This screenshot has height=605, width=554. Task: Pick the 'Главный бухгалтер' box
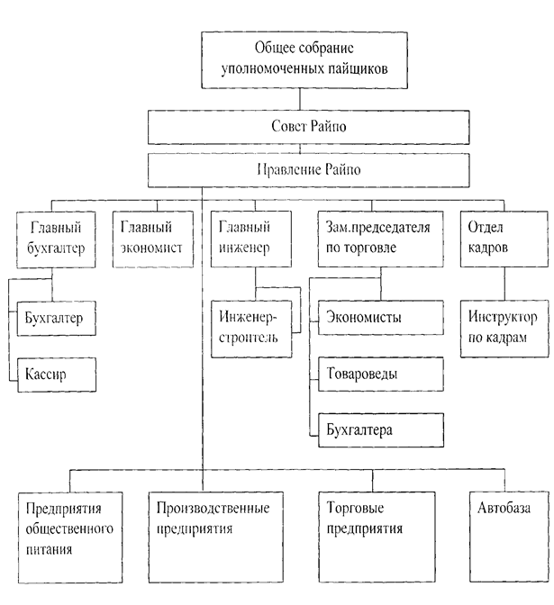coord(57,237)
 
